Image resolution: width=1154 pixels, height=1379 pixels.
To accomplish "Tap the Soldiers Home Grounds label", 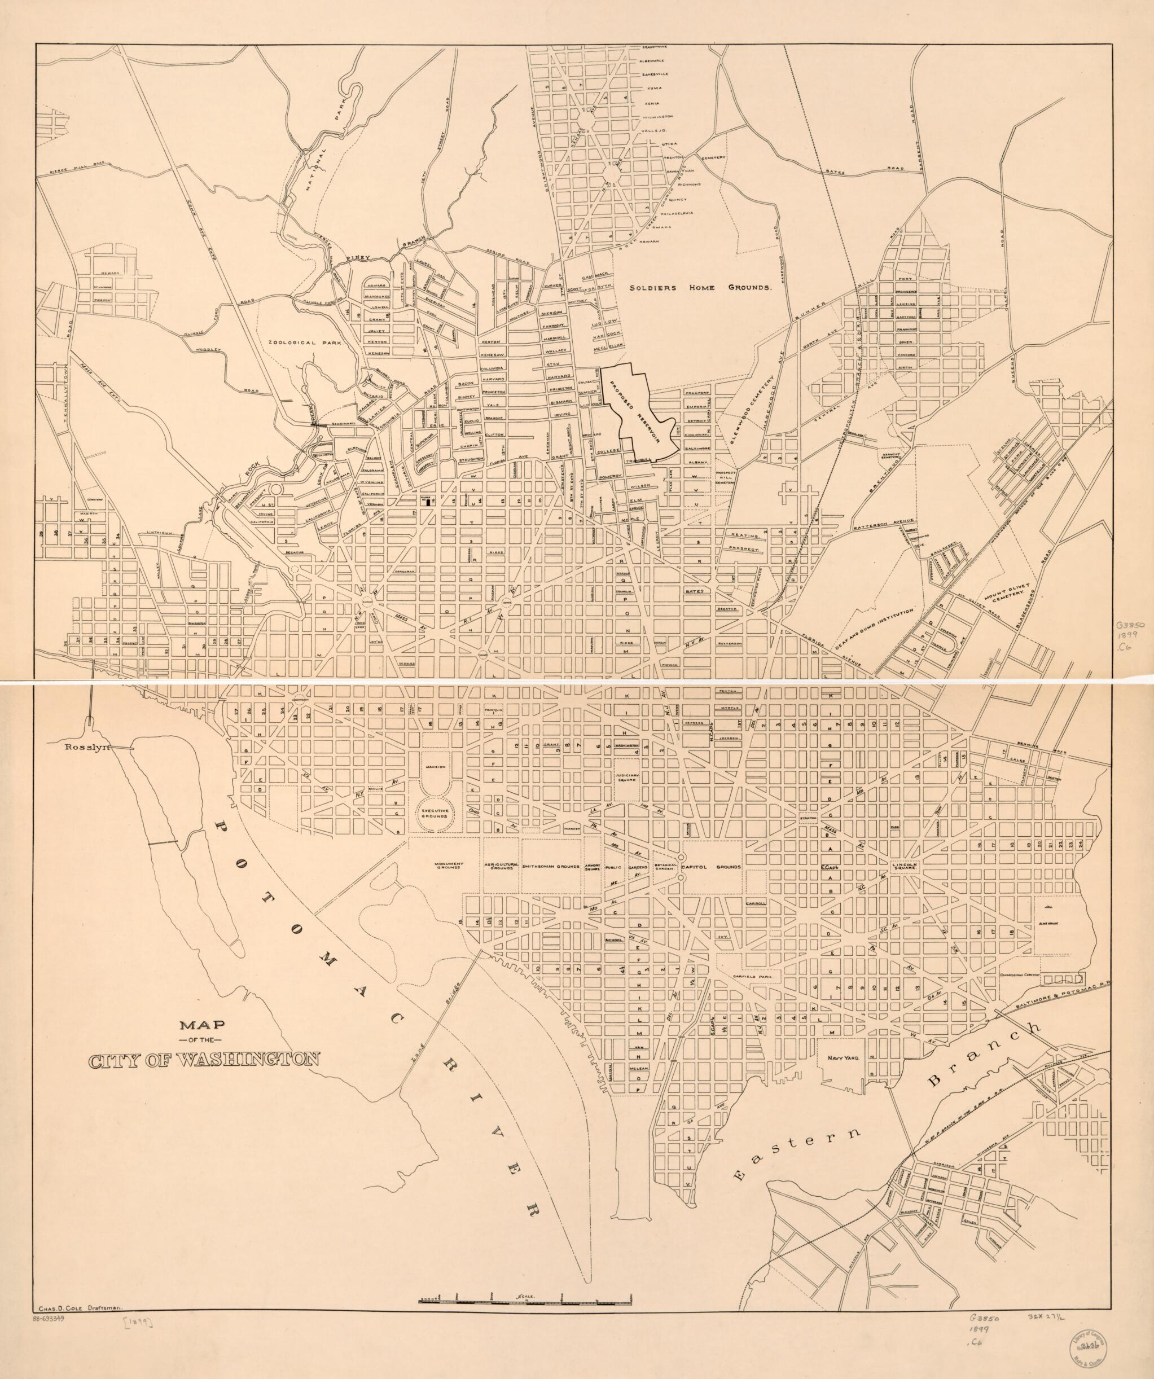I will [x=700, y=288].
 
